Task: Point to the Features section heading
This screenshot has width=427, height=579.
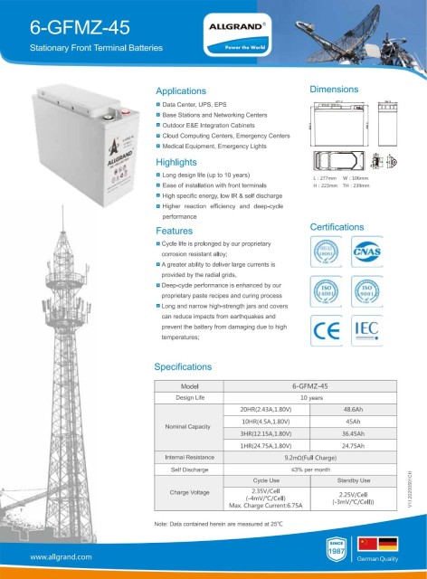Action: (174, 232)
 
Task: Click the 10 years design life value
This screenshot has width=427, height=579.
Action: (310, 397)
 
